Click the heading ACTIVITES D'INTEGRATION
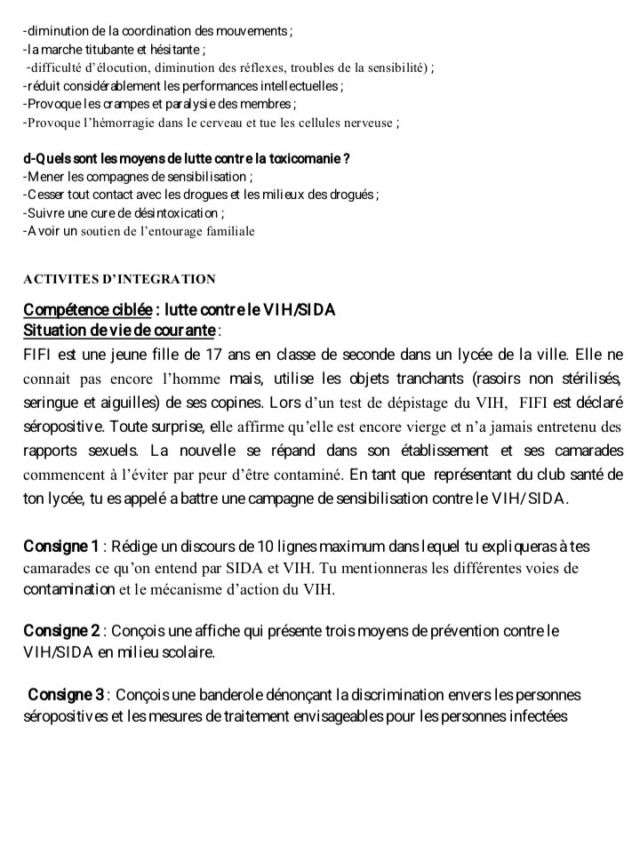119,279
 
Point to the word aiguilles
133,402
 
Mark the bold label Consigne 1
60,546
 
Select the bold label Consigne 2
61,631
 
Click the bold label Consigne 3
67,694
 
